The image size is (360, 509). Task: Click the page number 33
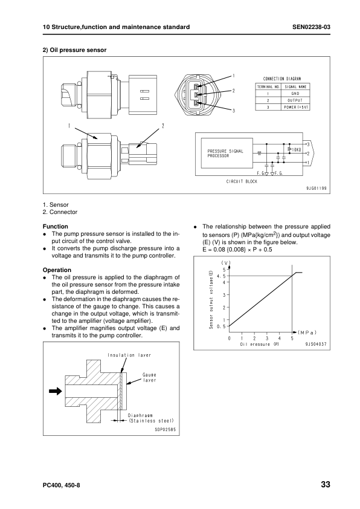(x=325, y=485)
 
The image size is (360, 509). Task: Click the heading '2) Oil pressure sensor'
(x=74, y=50)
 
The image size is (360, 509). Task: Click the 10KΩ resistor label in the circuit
(x=295, y=148)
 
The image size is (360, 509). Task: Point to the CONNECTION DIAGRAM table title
(x=282, y=79)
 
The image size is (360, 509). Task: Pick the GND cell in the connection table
(x=295, y=94)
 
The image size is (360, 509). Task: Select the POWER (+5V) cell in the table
(x=295, y=107)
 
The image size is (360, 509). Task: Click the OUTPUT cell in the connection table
(x=295, y=100)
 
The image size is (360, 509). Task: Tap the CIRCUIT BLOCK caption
(x=242, y=181)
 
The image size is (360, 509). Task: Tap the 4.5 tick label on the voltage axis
(x=220, y=276)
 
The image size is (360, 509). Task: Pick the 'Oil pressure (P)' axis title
(x=259, y=344)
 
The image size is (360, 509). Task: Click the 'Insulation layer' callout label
(x=129, y=355)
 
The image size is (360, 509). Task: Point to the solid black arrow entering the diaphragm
(x=56, y=391)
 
